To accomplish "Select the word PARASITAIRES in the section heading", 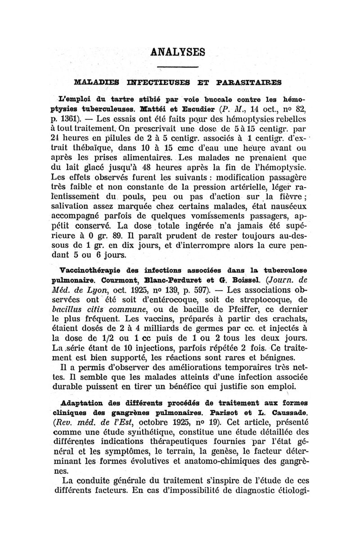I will tap(257, 82).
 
